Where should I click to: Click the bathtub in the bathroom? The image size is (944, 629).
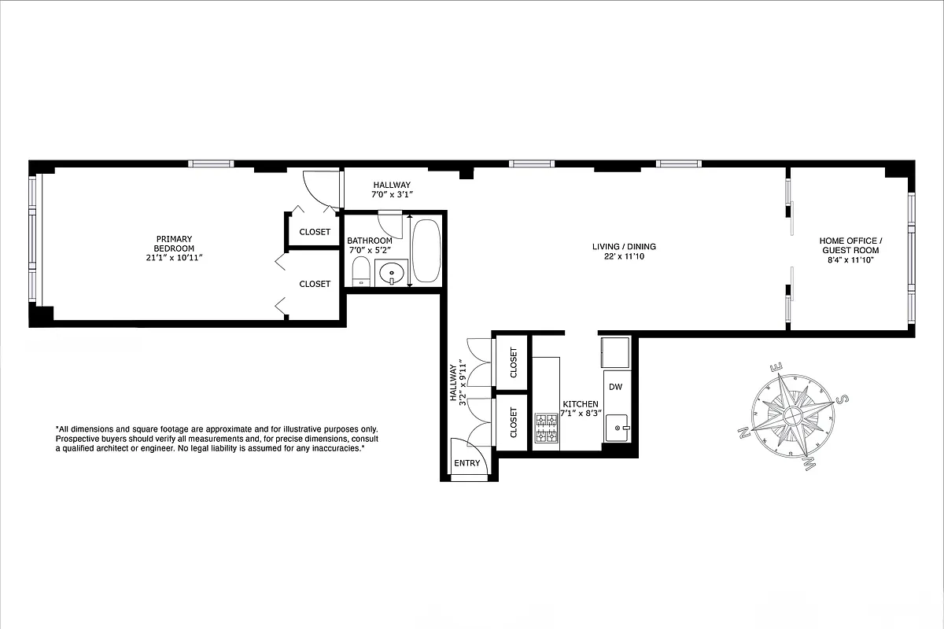point(426,251)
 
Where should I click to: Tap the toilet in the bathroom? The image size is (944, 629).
point(360,271)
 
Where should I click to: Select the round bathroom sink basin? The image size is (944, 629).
point(392,274)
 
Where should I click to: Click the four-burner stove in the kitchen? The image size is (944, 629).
point(545,428)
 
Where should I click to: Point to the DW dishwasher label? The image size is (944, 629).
point(615,387)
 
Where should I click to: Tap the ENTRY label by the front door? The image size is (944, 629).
point(466,463)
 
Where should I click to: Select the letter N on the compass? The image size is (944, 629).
point(743,432)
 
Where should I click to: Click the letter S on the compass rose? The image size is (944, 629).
point(841,399)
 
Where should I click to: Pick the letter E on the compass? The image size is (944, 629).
point(775,367)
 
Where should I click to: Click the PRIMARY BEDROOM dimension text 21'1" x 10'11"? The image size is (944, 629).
point(174,258)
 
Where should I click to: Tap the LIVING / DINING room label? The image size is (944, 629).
point(624,247)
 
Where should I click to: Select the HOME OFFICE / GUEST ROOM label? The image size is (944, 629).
point(850,245)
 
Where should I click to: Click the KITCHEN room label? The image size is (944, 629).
point(580,403)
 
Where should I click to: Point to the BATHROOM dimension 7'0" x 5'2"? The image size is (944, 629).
point(370,251)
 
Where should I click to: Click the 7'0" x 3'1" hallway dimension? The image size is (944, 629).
point(392,194)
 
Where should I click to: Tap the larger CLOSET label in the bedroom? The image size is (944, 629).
point(315,284)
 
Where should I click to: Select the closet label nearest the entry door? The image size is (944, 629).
point(514,422)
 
